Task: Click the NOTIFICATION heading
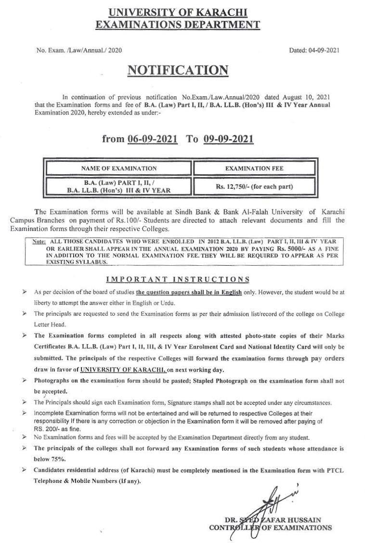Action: click(177, 70)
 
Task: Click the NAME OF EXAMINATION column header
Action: click(118, 168)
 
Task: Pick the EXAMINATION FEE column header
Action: click(255, 168)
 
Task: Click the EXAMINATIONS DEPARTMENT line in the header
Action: click(178, 26)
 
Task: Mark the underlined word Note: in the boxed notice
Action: click(39, 241)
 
